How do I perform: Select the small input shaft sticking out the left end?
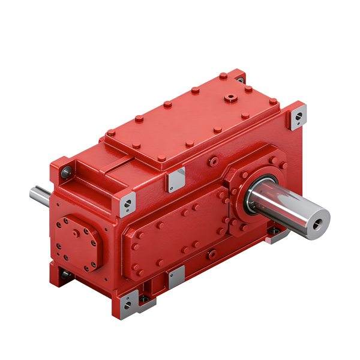(x=41, y=195)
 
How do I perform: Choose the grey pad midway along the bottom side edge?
(x=176, y=277)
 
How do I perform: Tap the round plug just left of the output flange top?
(x=213, y=162)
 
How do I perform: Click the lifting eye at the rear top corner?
(x=240, y=79)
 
